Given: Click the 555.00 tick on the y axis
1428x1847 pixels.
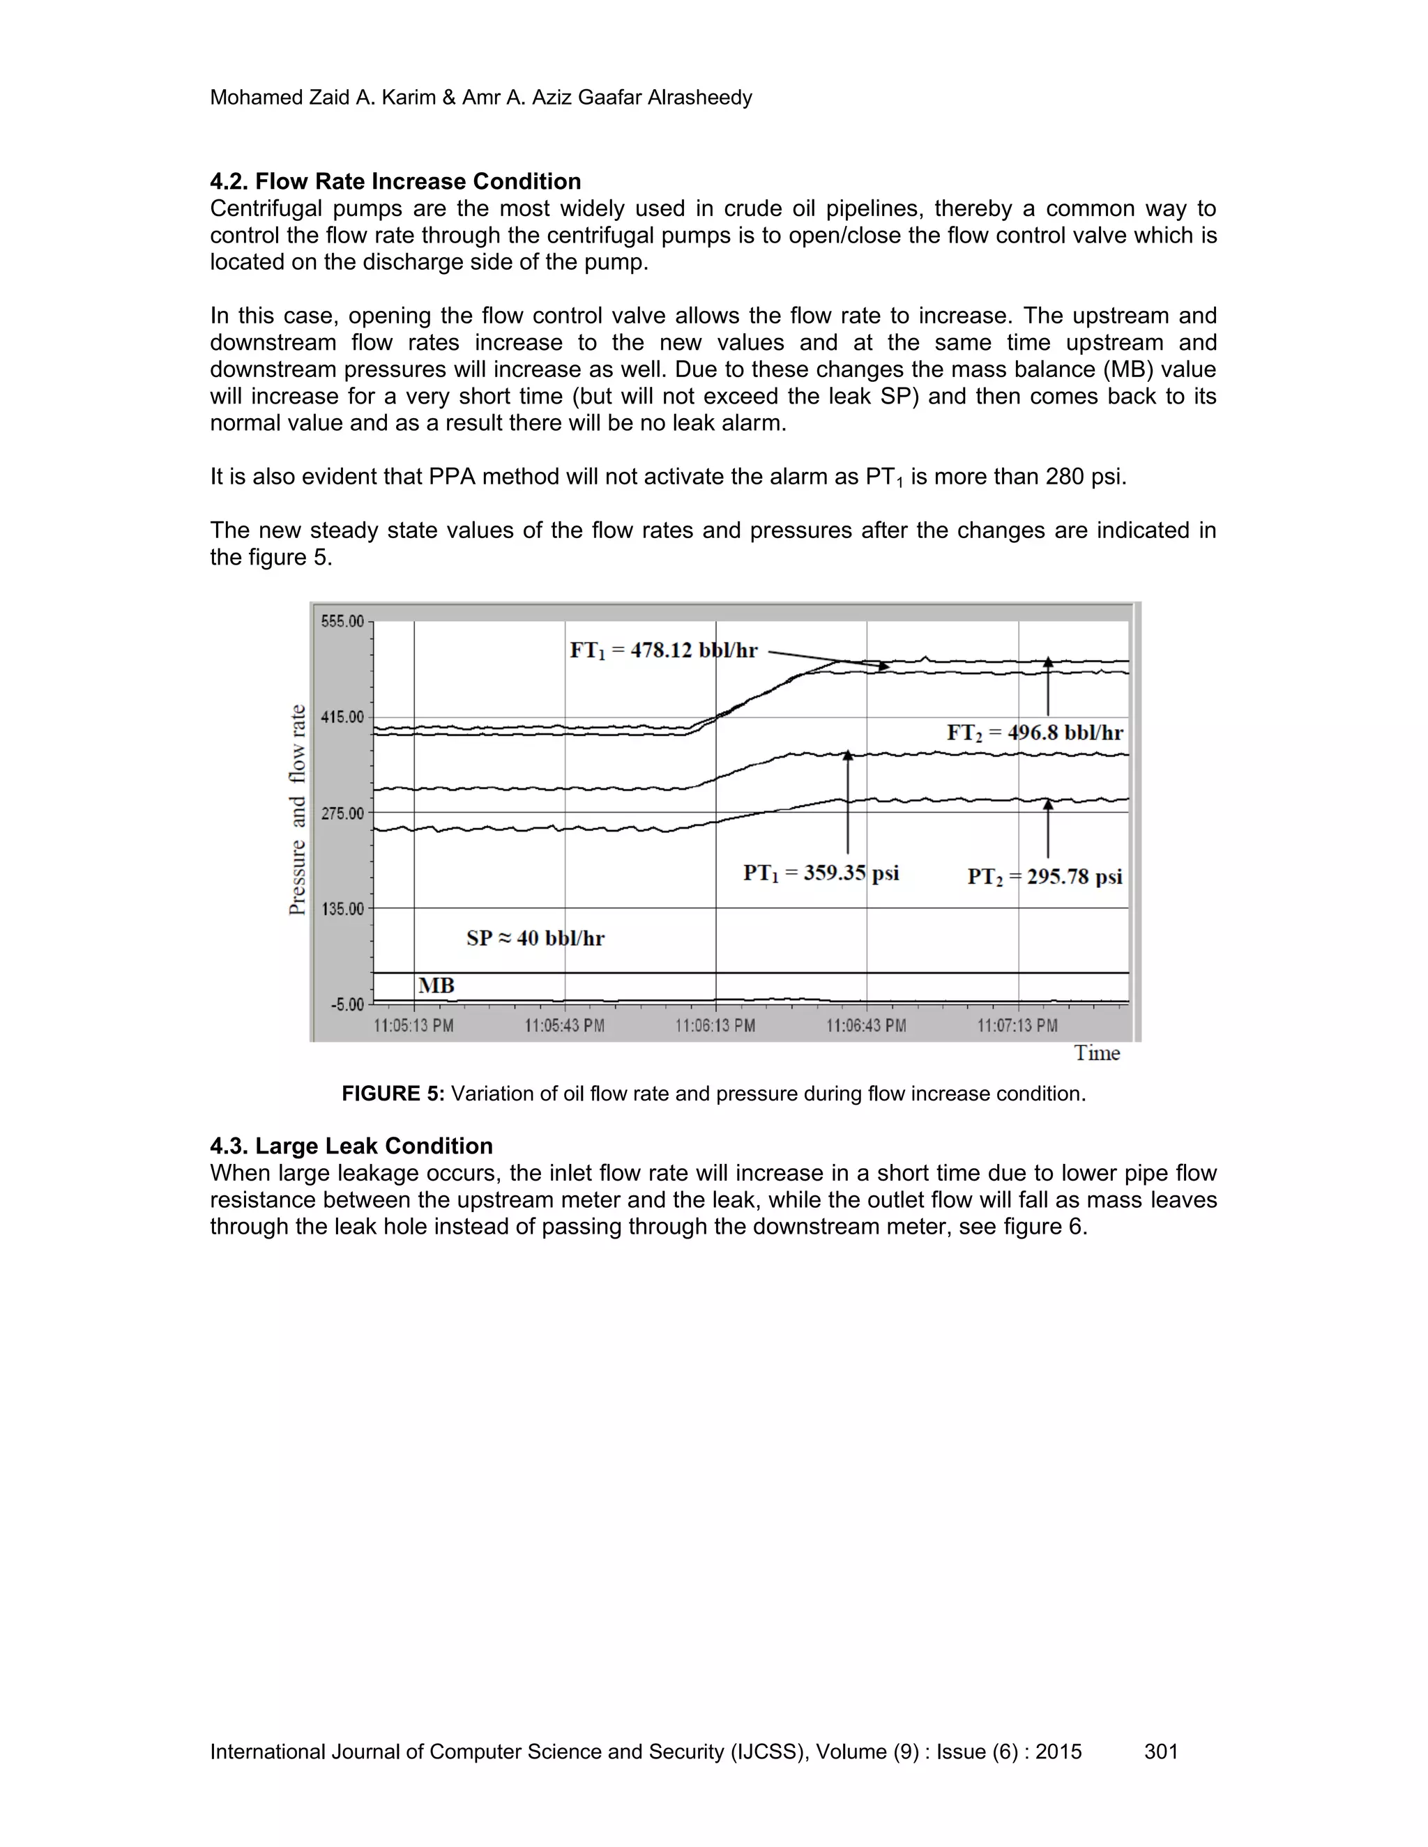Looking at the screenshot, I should (342, 622).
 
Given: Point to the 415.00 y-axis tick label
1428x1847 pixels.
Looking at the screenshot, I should (342, 717).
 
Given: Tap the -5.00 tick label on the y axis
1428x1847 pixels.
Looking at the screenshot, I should (347, 1004).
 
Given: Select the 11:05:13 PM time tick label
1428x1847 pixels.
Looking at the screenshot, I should (413, 1026).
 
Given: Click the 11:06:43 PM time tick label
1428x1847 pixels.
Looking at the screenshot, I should (866, 1026).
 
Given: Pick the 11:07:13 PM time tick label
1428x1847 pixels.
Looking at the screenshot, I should (1018, 1026).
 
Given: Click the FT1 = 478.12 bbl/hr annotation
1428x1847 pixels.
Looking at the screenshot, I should (664, 650).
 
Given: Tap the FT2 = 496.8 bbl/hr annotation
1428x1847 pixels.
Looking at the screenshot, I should (1035, 733).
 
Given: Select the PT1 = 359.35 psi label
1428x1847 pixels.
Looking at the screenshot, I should (821, 873).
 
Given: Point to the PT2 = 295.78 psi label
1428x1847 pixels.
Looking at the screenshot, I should (1045, 876).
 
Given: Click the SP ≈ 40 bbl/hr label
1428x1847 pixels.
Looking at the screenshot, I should (535, 938).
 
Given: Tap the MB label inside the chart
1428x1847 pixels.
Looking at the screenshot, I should (436, 986).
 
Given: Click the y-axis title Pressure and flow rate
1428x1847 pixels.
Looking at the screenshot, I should (298, 809).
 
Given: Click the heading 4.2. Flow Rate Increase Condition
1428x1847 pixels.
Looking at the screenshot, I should (395, 181).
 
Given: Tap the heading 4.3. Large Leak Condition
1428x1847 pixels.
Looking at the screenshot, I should (351, 1146).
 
